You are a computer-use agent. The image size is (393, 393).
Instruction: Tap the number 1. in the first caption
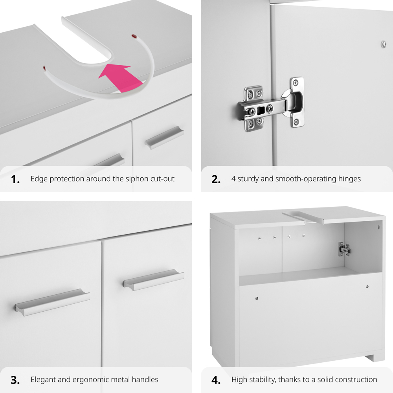click(15, 180)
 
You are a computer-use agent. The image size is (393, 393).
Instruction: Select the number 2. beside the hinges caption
click(216, 180)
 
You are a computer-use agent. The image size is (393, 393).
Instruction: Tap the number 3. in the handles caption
click(15, 380)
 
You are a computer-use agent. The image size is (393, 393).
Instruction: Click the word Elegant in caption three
click(44, 380)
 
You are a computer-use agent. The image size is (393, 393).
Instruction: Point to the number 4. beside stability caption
click(216, 380)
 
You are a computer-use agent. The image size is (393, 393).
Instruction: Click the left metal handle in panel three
click(53, 302)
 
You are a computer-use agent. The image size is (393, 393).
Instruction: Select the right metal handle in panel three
click(153, 279)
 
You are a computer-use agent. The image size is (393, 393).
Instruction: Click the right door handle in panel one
click(164, 138)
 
